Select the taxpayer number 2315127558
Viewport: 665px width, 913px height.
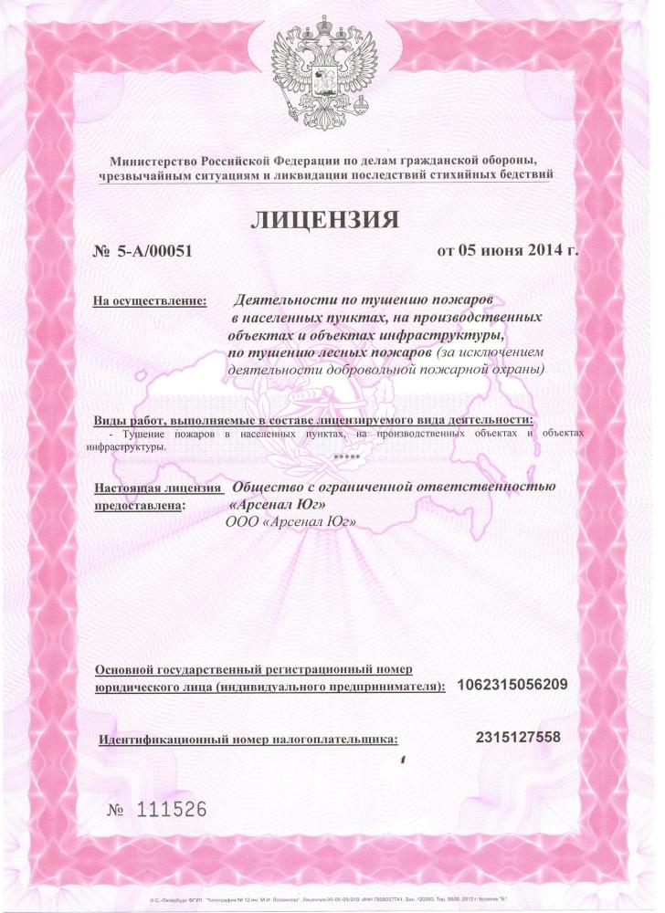(518, 737)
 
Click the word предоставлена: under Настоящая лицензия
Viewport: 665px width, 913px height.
(139, 504)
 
